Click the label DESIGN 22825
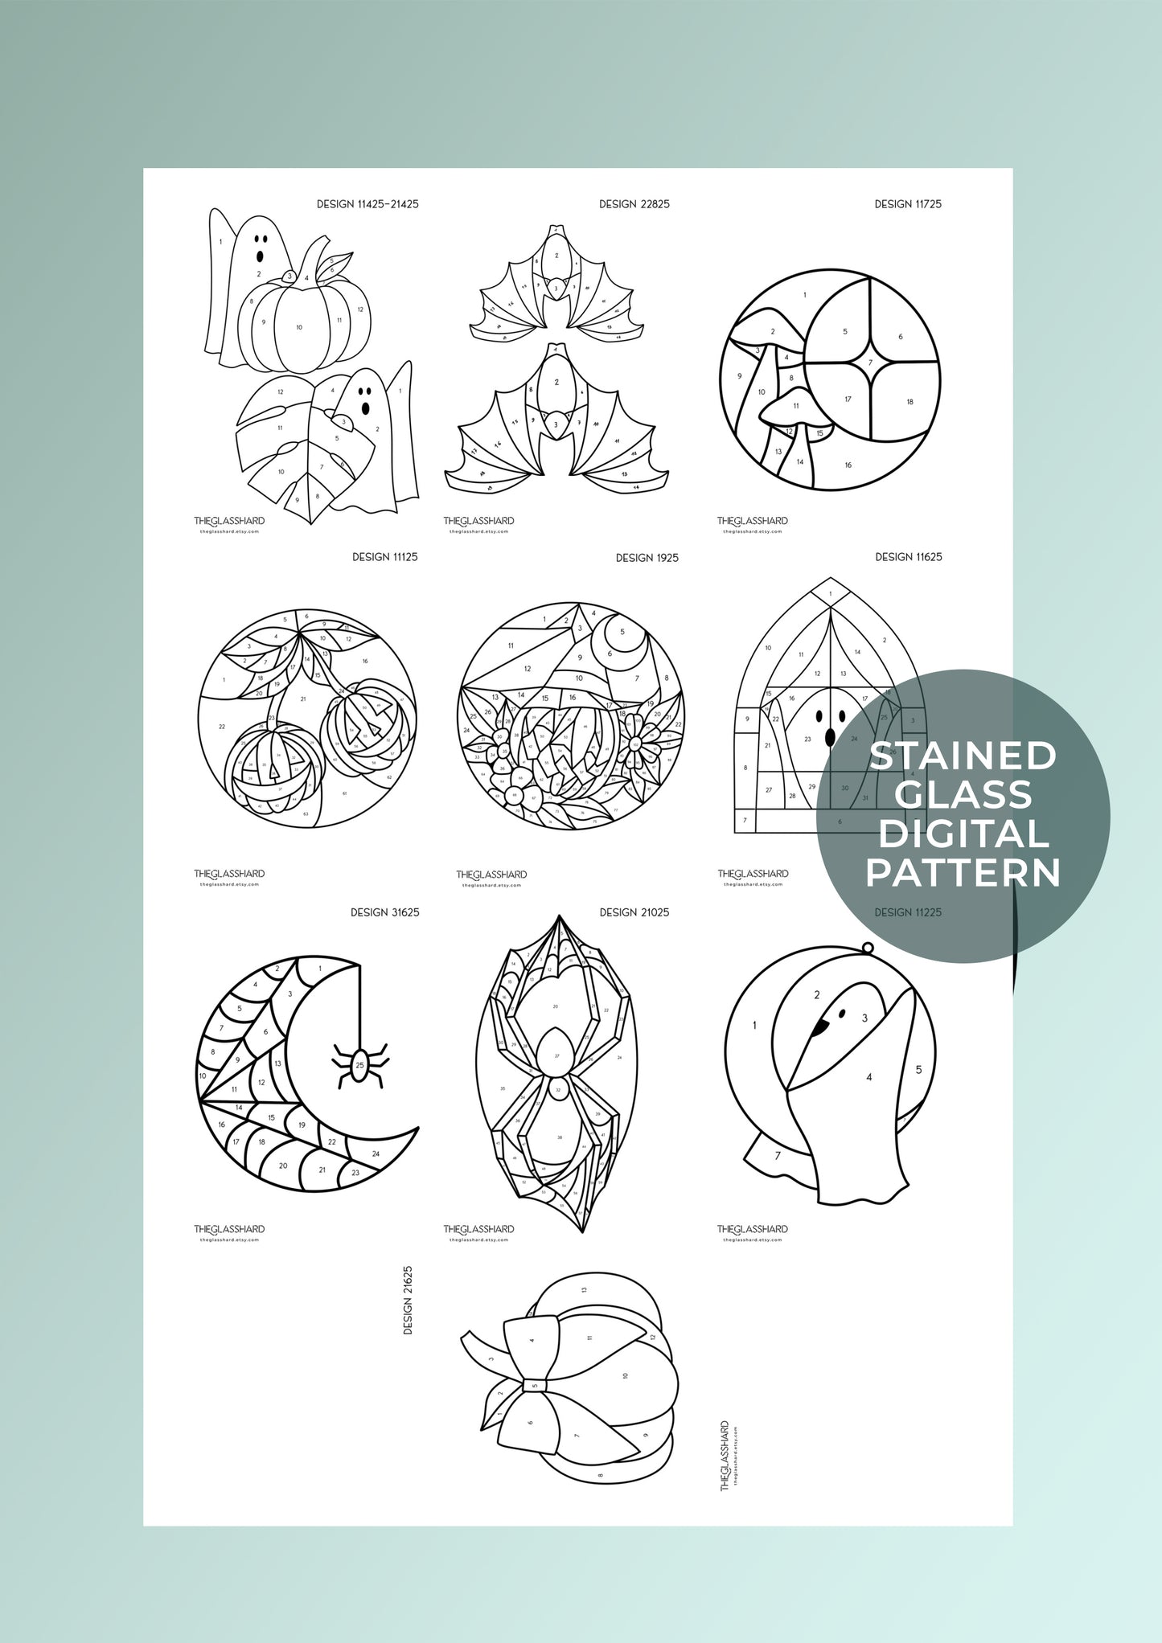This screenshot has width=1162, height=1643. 634,204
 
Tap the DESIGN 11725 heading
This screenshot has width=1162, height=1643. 908,204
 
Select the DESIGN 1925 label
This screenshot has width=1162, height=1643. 647,558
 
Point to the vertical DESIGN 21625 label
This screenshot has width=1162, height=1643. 408,1300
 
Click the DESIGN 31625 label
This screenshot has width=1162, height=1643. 384,912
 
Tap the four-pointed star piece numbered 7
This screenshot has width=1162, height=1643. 870,363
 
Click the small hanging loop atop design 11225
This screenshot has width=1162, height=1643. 868,948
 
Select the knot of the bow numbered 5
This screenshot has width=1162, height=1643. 535,1386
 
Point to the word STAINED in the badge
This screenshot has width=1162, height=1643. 963,756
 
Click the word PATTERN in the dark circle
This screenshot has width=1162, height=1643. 963,874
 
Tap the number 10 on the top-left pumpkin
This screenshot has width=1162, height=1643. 299,327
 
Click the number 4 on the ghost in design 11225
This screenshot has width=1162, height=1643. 868,1077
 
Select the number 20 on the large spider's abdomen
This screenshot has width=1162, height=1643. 555,1006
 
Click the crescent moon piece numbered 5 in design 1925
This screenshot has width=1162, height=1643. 622,632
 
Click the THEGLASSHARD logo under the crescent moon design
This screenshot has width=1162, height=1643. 229,1229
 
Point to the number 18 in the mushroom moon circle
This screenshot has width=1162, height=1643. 909,402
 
